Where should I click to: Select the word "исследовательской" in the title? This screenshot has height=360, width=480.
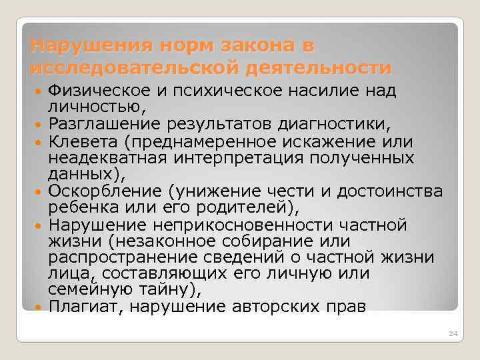[133, 68]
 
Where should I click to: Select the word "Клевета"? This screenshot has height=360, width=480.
[90, 141]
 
